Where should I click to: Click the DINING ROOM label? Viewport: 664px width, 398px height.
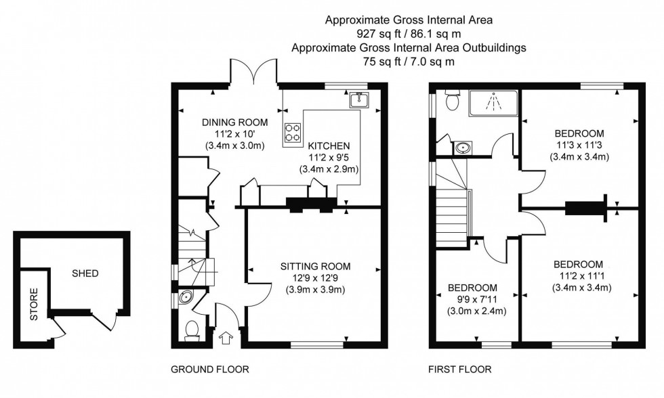(234, 123)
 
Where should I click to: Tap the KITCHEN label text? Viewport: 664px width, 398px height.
(329, 146)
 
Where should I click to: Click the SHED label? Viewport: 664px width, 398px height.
(85, 273)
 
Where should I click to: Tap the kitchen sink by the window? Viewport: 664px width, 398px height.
(358, 101)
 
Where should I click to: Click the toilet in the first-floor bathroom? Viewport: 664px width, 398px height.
(453, 100)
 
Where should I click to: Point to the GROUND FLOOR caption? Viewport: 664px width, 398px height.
(211, 370)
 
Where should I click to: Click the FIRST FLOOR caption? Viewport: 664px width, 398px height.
(459, 370)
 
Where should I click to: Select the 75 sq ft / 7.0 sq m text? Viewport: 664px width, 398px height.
(409, 61)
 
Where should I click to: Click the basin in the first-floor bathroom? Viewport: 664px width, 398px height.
(463, 146)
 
